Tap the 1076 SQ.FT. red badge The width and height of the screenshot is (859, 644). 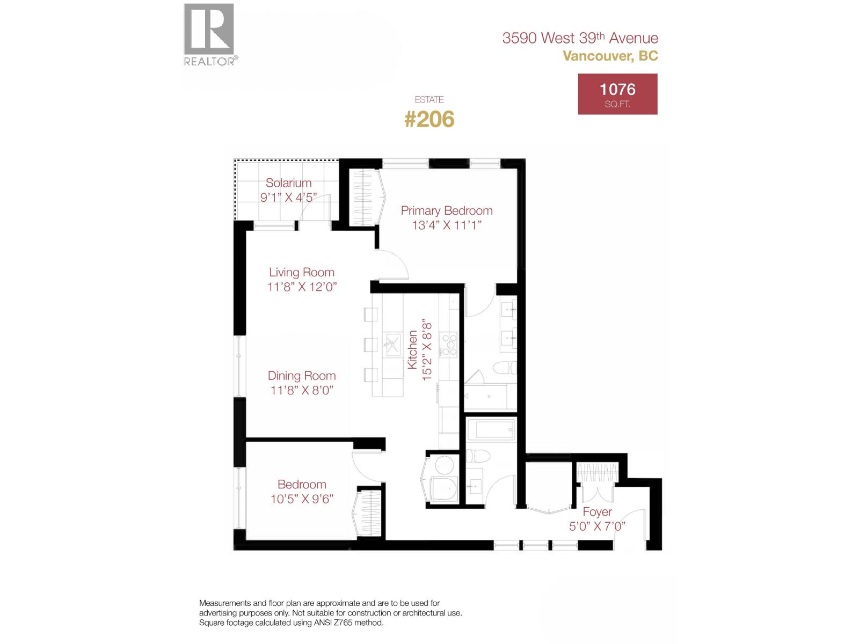pyautogui.click(x=617, y=94)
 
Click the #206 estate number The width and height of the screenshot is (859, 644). pyautogui.click(x=429, y=119)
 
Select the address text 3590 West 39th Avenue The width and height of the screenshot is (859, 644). pyautogui.click(x=580, y=38)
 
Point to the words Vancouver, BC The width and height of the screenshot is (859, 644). pyautogui.click(x=610, y=56)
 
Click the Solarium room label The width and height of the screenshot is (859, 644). pyautogui.click(x=288, y=183)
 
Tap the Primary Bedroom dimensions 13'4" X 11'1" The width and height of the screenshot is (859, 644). pyautogui.click(x=447, y=225)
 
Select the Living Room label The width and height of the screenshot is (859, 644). pyautogui.click(x=302, y=272)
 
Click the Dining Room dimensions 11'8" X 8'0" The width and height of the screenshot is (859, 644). pyautogui.click(x=302, y=390)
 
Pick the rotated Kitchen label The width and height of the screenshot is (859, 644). pyautogui.click(x=412, y=349)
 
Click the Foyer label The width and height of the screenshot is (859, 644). pyautogui.click(x=597, y=511)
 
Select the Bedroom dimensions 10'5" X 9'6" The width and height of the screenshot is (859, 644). pyautogui.click(x=302, y=499)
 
